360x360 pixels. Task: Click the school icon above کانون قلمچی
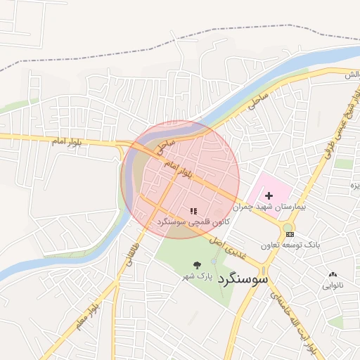pyautogui.click(x=193, y=210)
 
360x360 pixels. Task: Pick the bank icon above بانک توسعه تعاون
pyautogui.click(x=290, y=233)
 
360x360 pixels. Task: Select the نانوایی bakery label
pyautogui.click(x=333, y=285)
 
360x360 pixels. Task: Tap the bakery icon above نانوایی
pyautogui.click(x=333, y=274)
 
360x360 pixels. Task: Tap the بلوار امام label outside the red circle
pyautogui.click(x=67, y=141)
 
